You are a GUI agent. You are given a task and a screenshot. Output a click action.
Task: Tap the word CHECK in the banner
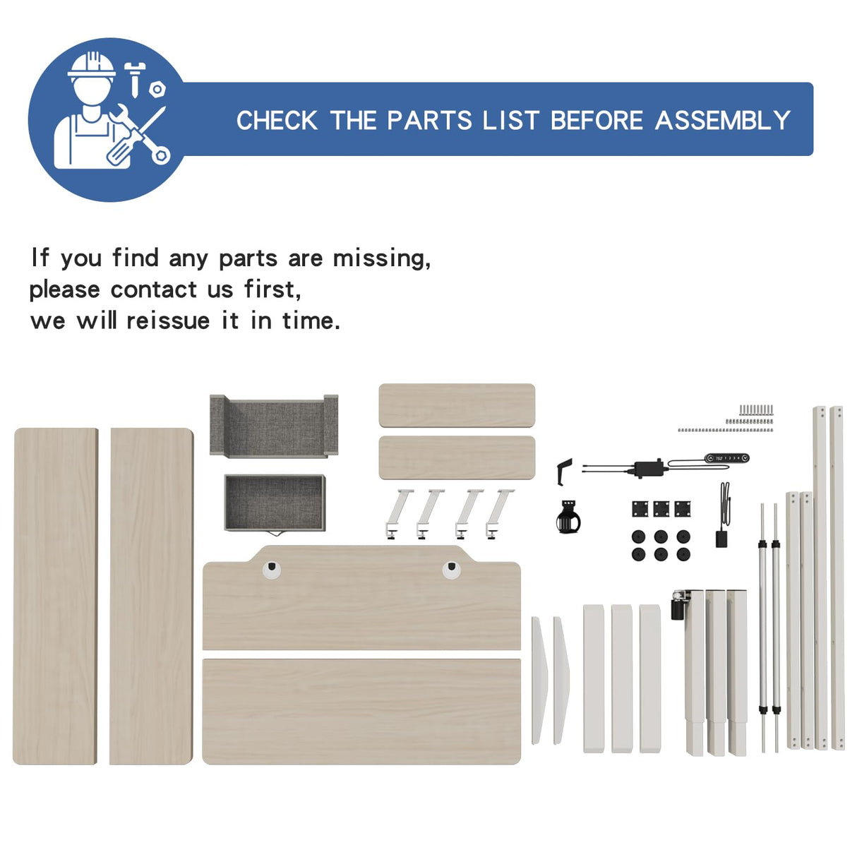[277, 120]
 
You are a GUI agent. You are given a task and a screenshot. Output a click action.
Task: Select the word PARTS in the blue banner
[429, 120]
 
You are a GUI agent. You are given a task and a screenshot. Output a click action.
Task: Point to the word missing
[382, 258]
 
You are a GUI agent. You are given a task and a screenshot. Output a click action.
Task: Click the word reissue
[168, 320]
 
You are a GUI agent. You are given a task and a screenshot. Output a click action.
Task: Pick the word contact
[153, 289]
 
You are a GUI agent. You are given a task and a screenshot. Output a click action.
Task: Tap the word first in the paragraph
[272, 289]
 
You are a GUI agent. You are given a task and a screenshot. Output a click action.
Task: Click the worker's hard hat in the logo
[92, 66]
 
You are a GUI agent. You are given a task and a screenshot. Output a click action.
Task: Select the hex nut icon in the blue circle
[157, 89]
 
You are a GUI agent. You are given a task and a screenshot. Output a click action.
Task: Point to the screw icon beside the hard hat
[134, 79]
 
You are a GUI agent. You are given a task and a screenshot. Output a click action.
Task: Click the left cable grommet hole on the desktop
[271, 570]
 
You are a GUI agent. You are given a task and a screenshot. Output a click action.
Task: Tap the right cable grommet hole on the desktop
[451, 570]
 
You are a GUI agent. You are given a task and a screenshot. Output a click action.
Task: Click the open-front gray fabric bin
[274, 426]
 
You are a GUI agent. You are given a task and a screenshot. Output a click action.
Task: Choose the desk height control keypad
[727, 457]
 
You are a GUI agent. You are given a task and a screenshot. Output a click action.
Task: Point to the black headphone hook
[564, 471]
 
